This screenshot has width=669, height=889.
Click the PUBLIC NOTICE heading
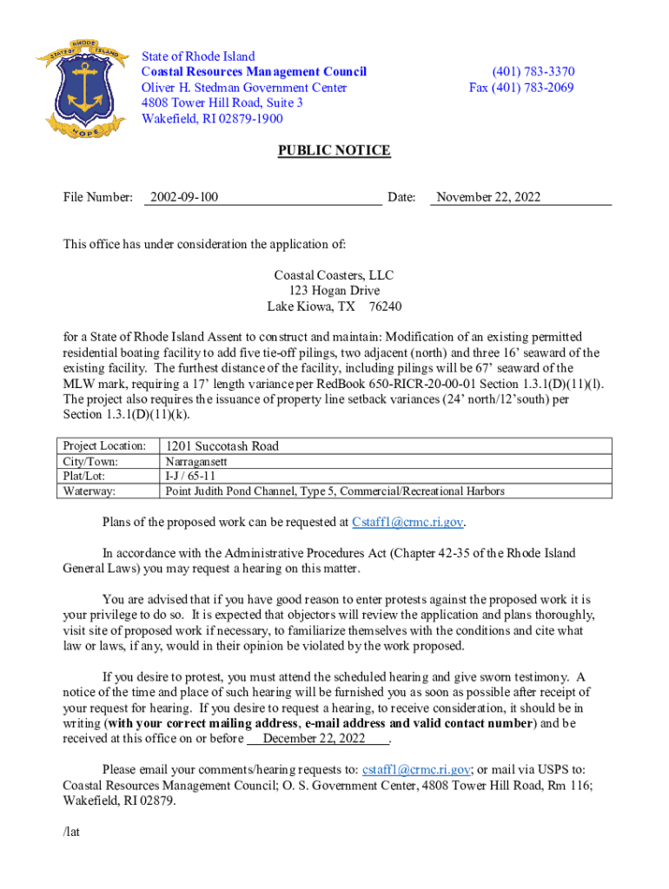click(334, 151)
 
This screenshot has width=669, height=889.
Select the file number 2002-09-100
click(183, 197)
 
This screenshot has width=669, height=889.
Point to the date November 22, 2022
click(488, 197)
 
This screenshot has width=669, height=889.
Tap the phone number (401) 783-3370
click(533, 72)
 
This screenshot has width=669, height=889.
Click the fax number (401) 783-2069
click(521, 88)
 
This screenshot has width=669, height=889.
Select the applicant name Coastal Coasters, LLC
click(334, 275)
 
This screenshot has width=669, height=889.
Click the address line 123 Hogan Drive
click(334, 291)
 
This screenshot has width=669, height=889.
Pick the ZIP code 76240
click(385, 307)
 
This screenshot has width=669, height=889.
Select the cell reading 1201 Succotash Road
click(222, 446)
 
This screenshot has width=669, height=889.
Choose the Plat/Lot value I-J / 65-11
click(191, 477)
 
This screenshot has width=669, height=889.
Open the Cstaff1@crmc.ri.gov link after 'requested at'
click(407, 523)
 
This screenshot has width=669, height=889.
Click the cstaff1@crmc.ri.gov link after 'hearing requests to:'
click(417, 769)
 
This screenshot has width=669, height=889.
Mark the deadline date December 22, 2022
click(314, 739)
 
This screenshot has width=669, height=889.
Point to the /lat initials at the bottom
click(72, 832)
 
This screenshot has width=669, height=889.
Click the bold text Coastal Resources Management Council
click(254, 72)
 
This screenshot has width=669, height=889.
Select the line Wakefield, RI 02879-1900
click(212, 119)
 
